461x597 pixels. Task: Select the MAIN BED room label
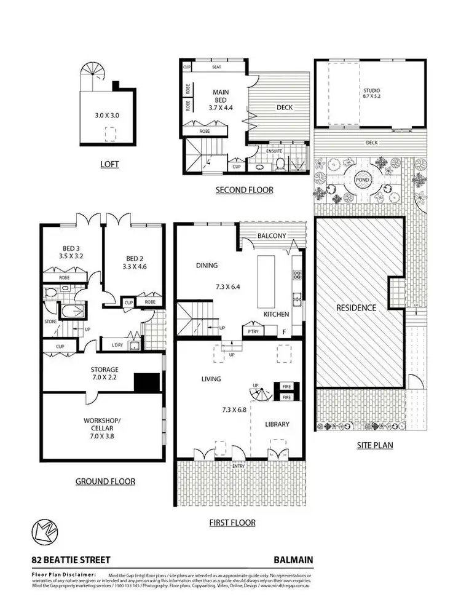[x=220, y=100]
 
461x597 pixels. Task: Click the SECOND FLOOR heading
[x=244, y=190]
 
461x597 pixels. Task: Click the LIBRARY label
[x=277, y=424]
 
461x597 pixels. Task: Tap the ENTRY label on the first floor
[x=238, y=466]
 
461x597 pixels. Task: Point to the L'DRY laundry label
[x=117, y=346]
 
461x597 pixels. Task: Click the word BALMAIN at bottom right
[x=293, y=560]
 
